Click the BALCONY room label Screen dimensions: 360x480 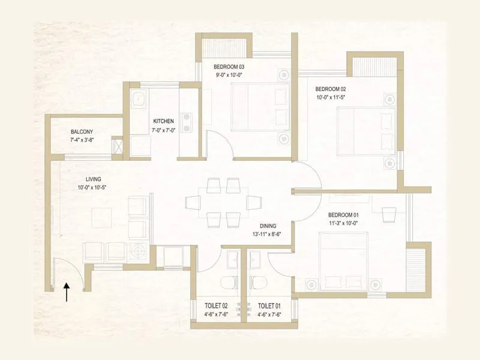point(82,132)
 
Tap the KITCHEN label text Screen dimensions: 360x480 point(163,121)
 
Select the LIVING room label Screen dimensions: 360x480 point(93,179)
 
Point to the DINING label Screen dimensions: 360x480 point(268,226)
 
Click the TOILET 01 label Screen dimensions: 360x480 point(269,306)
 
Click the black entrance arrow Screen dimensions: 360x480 point(67,292)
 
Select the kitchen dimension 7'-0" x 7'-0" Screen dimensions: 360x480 point(163,130)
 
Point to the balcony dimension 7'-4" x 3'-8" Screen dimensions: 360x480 point(82,140)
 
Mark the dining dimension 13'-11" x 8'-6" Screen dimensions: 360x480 point(268,235)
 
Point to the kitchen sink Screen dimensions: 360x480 point(137,99)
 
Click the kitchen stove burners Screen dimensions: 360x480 point(187,122)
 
